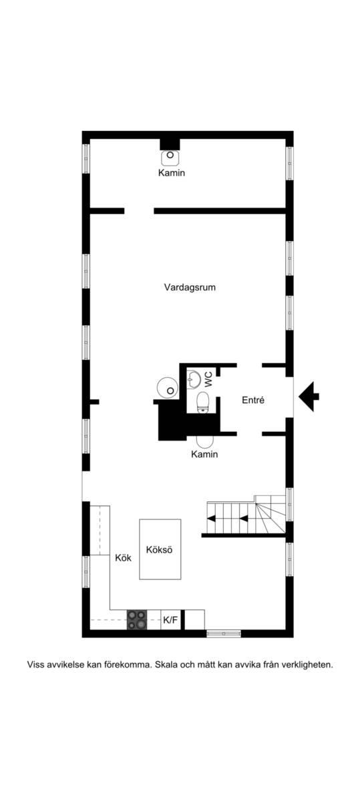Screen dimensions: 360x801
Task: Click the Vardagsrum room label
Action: (x=190, y=288)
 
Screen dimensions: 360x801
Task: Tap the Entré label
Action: (x=253, y=400)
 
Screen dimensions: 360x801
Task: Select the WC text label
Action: (x=208, y=379)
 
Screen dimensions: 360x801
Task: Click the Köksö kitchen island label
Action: (x=159, y=549)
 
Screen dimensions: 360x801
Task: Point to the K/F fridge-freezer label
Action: (x=170, y=619)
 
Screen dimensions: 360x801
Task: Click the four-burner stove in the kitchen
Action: (x=137, y=619)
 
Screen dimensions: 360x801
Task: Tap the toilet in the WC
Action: (x=203, y=403)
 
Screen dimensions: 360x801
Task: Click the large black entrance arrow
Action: (x=309, y=396)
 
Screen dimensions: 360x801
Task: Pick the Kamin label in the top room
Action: (x=172, y=173)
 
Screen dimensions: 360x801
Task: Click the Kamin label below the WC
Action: (x=204, y=455)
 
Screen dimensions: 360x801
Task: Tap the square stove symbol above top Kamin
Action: (x=170, y=157)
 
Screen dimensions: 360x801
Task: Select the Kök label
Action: (x=123, y=558)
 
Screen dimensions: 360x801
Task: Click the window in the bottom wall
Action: (x=224, y=633)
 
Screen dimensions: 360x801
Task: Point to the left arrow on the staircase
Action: (x=212, y=518)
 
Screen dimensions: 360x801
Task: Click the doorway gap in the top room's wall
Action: (x=139, y=211)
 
